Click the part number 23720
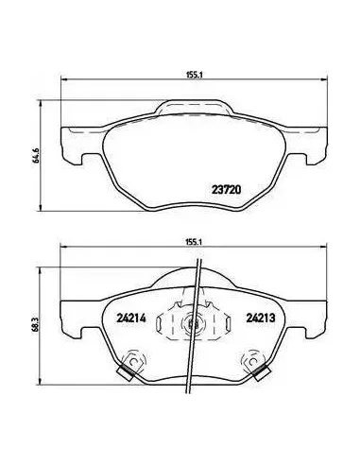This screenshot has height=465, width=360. click(x=226, y=189)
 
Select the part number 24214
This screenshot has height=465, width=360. click(x=131, y=319)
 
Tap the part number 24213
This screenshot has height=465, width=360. click(x=261, y=319)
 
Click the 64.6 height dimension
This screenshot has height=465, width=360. click(x=37, y=155)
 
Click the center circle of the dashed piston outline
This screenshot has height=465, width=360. click(x=192, y=323)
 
